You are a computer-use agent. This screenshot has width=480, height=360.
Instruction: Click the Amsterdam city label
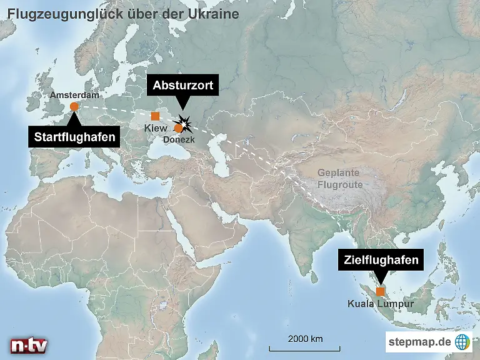point(74,95)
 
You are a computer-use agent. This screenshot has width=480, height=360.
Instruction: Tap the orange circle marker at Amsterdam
point(74,106)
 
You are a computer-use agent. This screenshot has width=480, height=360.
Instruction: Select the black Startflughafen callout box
point(74,137)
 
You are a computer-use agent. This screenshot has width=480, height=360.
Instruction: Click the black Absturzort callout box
point(182,84)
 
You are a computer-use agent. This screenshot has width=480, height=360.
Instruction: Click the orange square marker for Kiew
point(155,116)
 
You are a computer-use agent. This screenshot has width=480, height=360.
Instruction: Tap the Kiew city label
point(155,128)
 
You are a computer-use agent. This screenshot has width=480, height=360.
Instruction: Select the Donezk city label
point(179,139)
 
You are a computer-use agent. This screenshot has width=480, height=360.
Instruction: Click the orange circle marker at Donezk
point(178,128)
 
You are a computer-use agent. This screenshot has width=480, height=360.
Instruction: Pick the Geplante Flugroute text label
point(339,179)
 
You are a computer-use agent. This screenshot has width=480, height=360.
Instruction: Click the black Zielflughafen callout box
point(379,261)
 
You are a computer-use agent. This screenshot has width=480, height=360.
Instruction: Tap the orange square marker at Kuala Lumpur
point(380,291)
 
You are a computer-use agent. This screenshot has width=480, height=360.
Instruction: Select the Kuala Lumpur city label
point(381,305)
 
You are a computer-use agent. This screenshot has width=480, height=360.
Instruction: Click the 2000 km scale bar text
point(305,339)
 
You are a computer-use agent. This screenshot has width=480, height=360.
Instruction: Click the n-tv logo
point(28,345)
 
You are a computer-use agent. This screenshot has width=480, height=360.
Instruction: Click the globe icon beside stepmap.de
point(462,342)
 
